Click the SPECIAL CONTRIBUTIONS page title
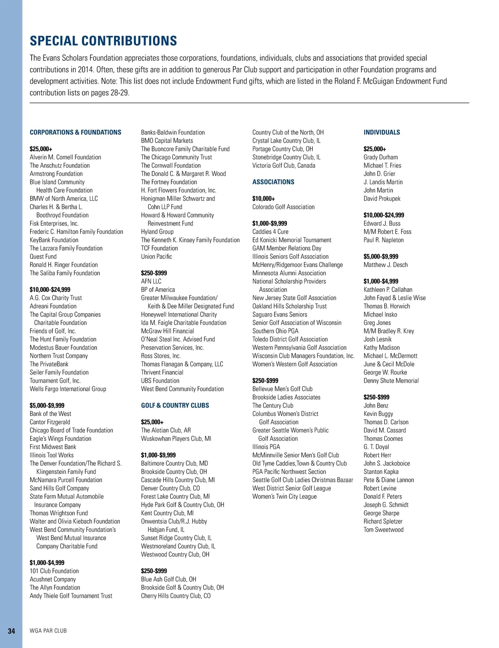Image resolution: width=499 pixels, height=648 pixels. click(103, 41)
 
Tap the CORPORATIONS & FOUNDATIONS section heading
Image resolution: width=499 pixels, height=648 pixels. click(75, 132)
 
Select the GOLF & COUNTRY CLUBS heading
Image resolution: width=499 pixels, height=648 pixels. click(175, 405)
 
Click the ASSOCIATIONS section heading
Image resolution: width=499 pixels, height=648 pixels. click(273, 182)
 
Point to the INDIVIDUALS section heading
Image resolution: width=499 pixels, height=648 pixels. click(381, 132)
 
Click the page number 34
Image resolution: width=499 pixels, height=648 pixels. click(12, 631)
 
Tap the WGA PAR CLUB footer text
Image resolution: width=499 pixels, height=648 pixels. click(48, 631)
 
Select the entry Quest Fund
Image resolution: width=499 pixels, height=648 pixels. click(43, 256)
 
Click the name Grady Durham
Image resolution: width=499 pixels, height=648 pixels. click(380, 157)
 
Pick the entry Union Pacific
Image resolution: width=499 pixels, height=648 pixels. click(156, 256)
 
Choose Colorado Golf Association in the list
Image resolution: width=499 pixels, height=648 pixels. click(283, 207)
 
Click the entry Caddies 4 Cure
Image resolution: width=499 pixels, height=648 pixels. click(270, 232)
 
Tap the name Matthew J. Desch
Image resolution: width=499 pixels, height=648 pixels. click(385, 265)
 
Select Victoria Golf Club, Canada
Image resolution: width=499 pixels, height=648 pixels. click(284, 166)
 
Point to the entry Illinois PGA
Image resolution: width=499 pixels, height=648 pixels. click(266, 447)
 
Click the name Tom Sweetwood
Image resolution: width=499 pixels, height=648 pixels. click(383, 529)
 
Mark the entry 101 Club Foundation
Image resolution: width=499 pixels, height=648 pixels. click(54, 571)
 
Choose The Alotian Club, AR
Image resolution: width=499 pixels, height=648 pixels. click(166, 430)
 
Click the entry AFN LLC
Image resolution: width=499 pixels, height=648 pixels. click(151, 281)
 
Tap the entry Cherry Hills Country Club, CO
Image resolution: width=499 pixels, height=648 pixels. click(175, 596)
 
